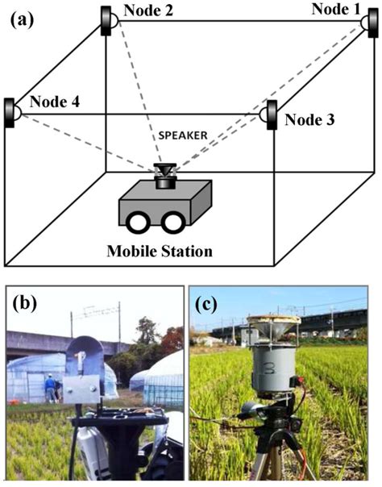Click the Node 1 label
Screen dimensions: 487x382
(338, 9)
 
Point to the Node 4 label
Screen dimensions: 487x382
(55, 104)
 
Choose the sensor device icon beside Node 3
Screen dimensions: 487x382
(271, 114)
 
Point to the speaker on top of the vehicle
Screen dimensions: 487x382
(166, 175)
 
